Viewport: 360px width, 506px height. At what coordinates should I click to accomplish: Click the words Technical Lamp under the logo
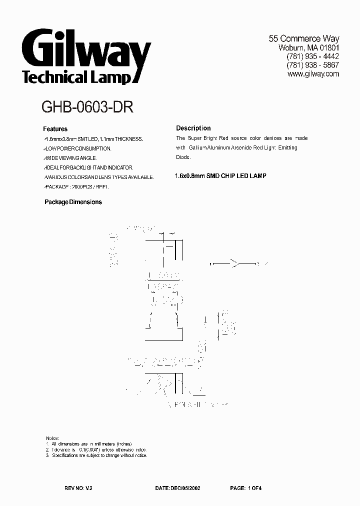(x=76, y=78)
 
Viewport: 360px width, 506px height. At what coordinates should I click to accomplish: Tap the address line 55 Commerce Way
(x=304, y=38)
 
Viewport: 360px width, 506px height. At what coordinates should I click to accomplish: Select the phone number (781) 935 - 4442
(x=312, y=56)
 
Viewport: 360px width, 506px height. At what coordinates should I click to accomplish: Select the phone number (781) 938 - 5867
(x=312, y=65)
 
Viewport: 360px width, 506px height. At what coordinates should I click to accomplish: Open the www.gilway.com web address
(x=313, y=74)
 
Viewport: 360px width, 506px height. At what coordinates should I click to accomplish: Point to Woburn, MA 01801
(x=308, y=47)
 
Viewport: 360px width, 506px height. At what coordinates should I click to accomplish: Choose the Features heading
(x=55, y=129)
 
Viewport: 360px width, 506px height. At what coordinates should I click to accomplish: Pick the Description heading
(x=193, y=128)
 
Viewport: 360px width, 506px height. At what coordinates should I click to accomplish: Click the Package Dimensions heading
(x=73, y=202)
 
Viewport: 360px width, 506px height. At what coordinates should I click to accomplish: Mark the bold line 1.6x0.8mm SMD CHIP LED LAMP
(x=220, y=176)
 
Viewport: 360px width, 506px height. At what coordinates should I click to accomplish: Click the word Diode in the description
(x=183, y=157)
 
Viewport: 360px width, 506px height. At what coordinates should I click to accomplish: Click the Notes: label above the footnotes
(x=52, y=437)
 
